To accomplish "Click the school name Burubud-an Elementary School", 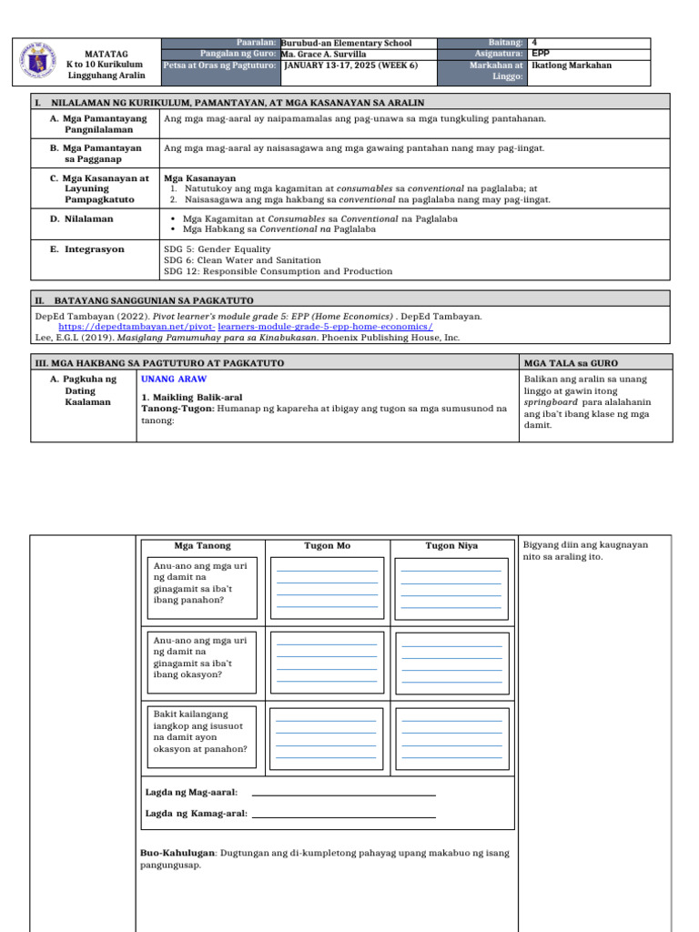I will pos(347,43).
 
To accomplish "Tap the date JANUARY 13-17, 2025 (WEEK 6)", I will pos(350,66).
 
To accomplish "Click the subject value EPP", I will pos(540,54).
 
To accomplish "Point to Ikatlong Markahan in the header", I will pos(572,66).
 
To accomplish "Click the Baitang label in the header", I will pos(505,43).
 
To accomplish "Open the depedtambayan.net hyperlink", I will pos(246,326).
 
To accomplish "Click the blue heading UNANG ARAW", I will pos(174,379).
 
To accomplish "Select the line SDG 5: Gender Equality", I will pos(218,248).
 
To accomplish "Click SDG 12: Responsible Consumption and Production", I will pos(279,271).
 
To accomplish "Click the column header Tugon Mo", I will pos(327,546).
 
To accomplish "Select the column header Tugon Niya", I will pos(451,546).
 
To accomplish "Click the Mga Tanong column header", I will pos(202,546).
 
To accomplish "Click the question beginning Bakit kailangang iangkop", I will pos(200,732).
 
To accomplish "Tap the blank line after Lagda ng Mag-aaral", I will pos(343,795).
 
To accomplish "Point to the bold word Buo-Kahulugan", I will pos(177,854).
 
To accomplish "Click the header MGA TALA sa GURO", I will pos(566,363).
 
